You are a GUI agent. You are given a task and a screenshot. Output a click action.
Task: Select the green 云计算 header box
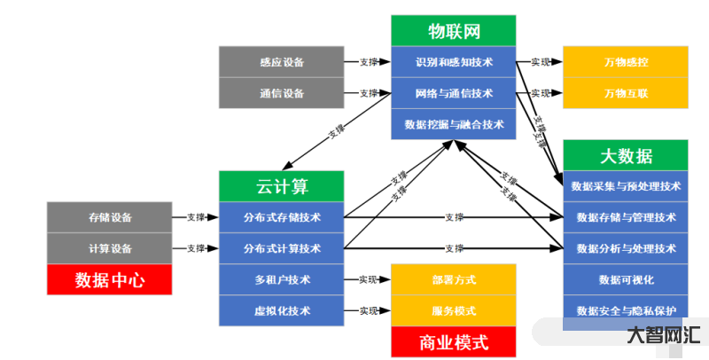tap(281, 186)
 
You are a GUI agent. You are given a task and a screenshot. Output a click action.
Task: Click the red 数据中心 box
tap(109, 280)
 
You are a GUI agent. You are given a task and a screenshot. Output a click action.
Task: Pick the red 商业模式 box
tap(453, 340)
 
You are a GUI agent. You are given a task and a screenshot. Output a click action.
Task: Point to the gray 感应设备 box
tap(282, 62)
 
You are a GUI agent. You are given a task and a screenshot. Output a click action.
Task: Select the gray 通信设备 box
tap(282, 93)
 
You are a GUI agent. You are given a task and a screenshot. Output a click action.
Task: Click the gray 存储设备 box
tap(109, 217)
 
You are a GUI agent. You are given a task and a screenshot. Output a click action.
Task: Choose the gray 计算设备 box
tap(109, 248)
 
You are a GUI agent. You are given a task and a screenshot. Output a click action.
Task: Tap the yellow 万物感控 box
tap(626, 62)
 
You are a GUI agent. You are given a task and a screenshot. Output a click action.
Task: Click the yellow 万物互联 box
tap(626, 93)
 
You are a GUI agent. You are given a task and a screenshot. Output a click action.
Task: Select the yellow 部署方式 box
tap(453, 279)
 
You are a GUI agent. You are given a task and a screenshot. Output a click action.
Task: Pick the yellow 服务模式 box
tap(453, 310)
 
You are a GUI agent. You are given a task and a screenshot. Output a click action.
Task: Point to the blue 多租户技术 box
tap(281, 279)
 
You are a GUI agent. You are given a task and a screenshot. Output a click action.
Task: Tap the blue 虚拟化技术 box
tap(281, 310)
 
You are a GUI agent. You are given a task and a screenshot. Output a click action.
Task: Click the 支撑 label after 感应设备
tap(369, 62)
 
